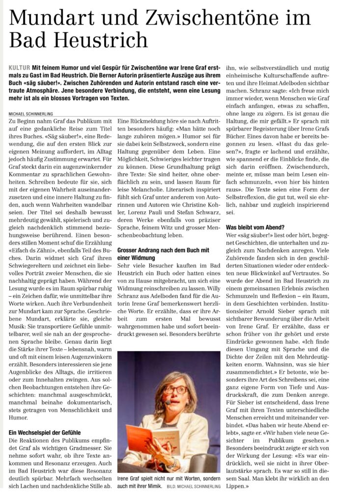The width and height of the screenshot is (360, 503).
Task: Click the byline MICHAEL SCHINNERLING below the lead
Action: [32, 113]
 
